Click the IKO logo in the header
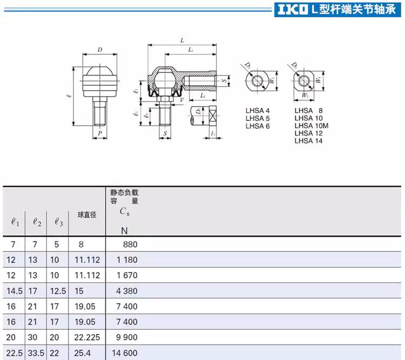[x=293, y=10]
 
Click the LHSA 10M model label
[x=312, y=126]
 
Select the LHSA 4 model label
[x=258, y=111]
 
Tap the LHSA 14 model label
[x=309, y=141]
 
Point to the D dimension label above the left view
[x=100, y=50]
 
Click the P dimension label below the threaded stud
[x=100, y=133]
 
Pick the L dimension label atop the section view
[x=182, y=40]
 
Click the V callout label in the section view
[x=182, y=100]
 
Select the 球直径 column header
[x=87, y=215]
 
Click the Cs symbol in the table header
[x=124, y=212]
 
